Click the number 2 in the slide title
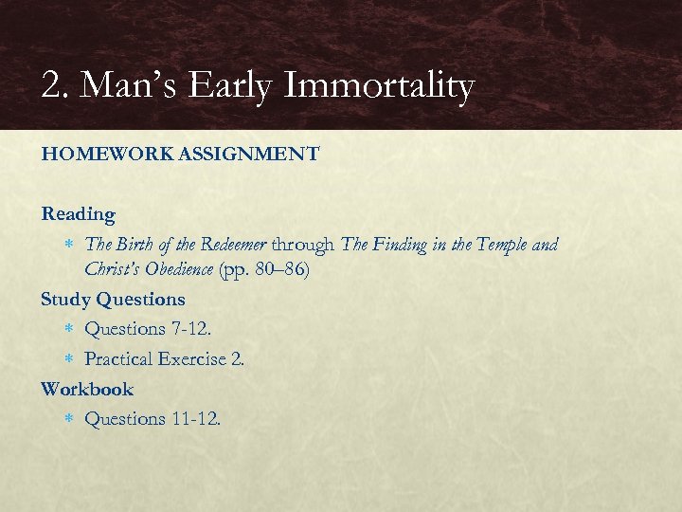[52, 87]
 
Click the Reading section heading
[78, 214]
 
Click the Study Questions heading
[113, 300]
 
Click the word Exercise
[193, 359]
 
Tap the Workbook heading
[87, 389]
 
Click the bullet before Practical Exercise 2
[68, 359]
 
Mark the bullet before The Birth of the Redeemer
[68, 245]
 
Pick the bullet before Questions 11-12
[68, 419]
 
